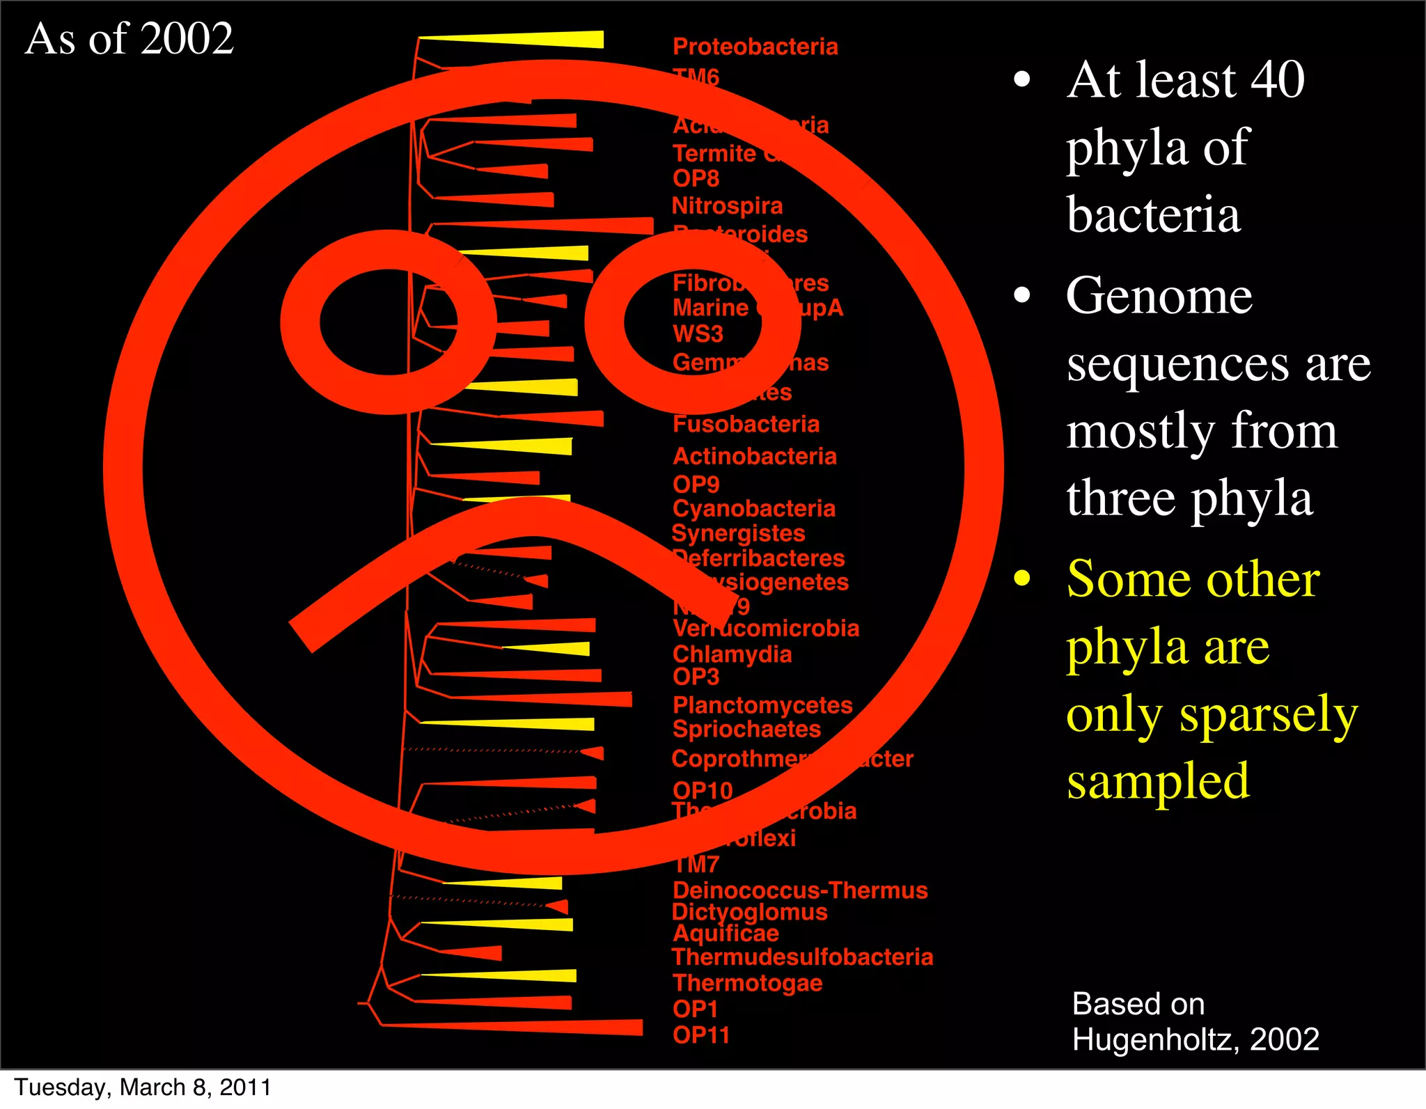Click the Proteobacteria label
[755, 47]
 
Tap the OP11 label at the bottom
[700, 1035]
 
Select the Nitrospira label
[727, 206]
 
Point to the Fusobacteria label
[746, 424]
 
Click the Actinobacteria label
[754, 457]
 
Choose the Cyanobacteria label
[753, 509]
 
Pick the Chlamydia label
[732, 654]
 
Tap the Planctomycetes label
[762, 705]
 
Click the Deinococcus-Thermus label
[800, 890]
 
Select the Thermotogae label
[747, 983]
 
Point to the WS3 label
[698, 334]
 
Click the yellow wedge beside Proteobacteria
[543, 40]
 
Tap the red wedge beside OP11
[557, 1027]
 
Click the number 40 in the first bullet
[1277, 80]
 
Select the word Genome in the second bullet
[1159, 296]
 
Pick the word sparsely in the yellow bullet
[1268, 715]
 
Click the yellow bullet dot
[1021, 578]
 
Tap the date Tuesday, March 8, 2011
[143, 1087]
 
